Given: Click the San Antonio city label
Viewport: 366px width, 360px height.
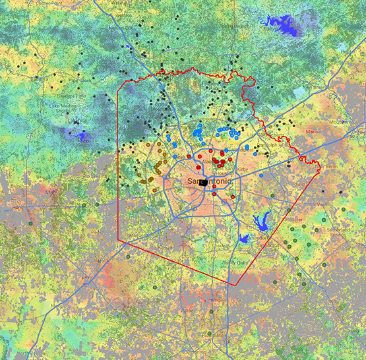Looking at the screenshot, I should (197, 181).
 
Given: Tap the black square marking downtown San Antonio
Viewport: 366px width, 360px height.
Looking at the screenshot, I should (204, 181).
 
